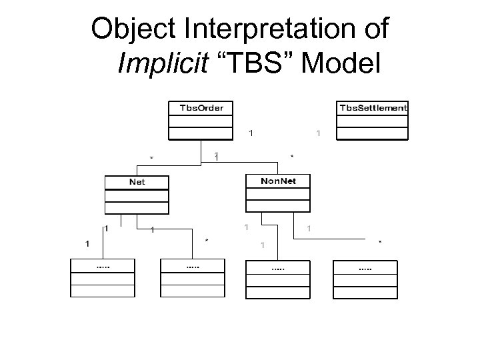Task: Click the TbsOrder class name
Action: click(202, 107)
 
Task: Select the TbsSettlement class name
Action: click(373, 107)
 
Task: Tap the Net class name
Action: click(137, 181)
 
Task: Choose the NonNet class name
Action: click(278, 180)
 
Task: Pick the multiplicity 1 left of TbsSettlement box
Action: click(318, 133)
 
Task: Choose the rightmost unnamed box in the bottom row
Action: click(365, 278)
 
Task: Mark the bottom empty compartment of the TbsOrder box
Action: click(202, 133)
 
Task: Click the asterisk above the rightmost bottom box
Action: click(380, 242)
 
